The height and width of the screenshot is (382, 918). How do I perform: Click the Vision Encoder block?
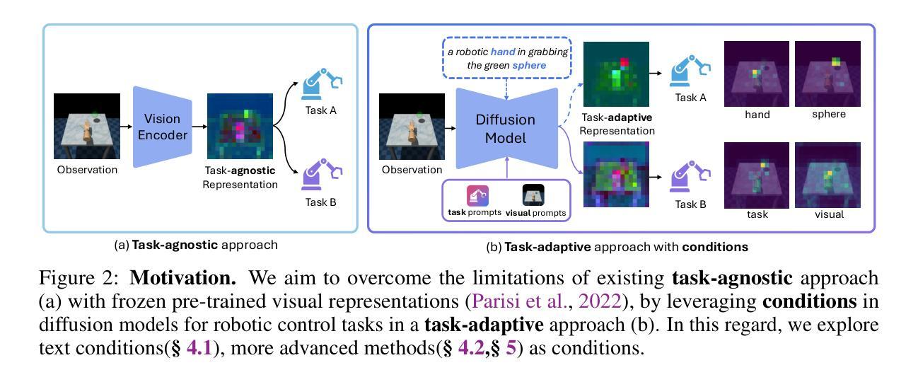pos(163,127)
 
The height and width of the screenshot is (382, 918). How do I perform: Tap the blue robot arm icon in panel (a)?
pos(321,84)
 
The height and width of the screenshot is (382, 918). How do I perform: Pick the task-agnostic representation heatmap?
pos(240,127)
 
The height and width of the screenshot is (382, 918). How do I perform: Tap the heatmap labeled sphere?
pos(827,74)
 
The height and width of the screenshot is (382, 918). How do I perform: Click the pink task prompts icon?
pos(477,195)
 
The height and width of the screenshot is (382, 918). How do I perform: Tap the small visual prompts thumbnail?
pos(533,195)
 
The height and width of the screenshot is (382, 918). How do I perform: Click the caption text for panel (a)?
pos(196,245)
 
